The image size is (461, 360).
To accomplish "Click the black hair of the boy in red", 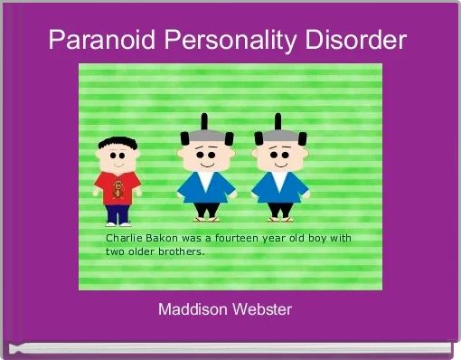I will coord(116,142).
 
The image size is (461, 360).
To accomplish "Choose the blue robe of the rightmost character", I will coord(280,190).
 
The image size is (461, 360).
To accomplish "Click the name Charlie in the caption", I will coord(125,238).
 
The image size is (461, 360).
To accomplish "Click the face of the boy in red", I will coord(117,158).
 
